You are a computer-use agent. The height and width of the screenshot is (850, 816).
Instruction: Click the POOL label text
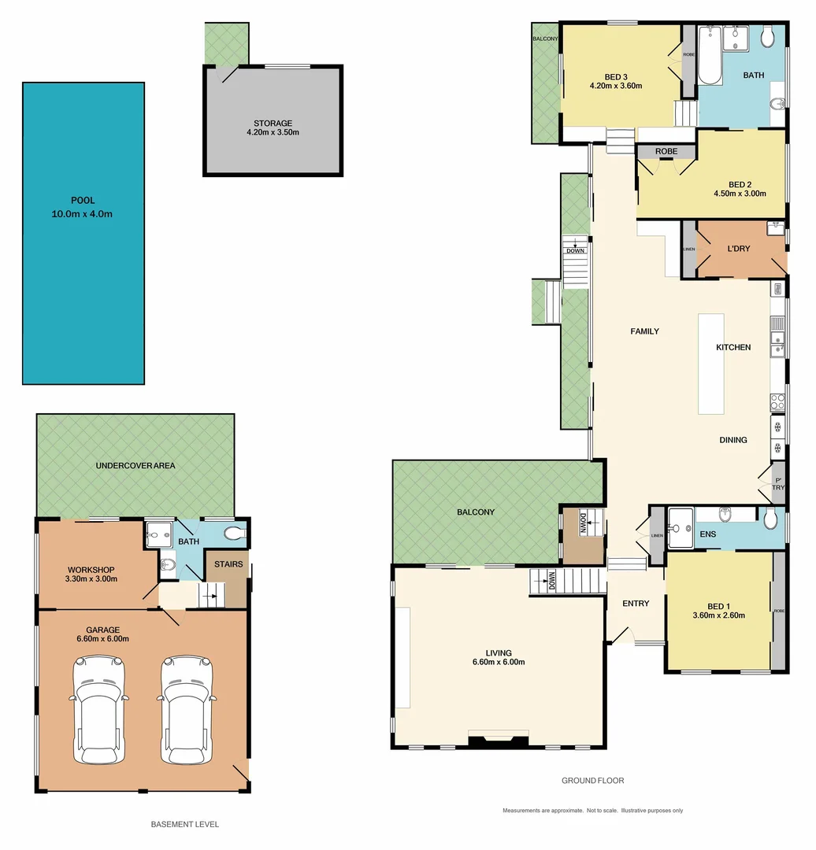[82, 201]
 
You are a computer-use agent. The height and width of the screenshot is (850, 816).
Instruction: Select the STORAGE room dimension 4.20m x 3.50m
[273, 133]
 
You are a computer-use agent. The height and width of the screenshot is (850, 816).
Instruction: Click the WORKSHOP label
[92, 569]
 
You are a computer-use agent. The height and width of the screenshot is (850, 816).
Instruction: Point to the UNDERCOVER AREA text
[135, 465]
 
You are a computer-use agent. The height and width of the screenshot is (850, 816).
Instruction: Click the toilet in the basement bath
[235, 534]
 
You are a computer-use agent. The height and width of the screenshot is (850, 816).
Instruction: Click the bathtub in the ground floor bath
[710, 57]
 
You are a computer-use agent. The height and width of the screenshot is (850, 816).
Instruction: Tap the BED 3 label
[616, 76]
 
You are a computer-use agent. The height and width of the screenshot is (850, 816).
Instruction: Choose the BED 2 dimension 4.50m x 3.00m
[739, 194]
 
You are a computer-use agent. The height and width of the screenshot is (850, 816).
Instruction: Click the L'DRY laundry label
[738, 249]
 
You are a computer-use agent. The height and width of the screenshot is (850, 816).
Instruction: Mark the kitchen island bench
[710, 364]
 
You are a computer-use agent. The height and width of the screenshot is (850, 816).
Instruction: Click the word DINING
[733, 440]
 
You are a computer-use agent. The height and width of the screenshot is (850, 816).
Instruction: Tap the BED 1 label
[717, 606]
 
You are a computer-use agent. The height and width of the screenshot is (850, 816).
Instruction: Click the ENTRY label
[636, 604]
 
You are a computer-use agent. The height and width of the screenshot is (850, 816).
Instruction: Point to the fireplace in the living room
[498, 738]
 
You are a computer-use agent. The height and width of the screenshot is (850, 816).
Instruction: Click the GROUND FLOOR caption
[592, 781]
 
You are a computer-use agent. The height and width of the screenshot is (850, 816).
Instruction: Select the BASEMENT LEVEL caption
[184, 824]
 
